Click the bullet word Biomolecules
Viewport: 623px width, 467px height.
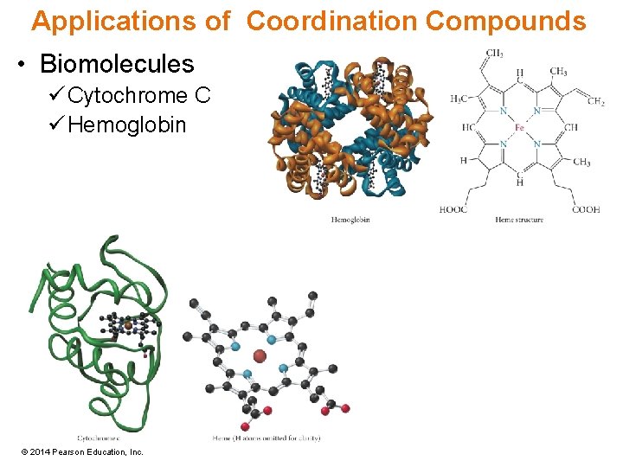pyautogui.click(x=117, y=63)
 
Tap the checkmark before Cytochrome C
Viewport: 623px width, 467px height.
pyautogui.click(x=57, y=95)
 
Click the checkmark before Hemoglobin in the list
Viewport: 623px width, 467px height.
pyautogui.click(x=57, y=125)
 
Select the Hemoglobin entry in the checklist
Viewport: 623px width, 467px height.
pyautogui.click(x=126, y=125)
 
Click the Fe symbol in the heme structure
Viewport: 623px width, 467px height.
pyautogui.click(x=519, y=128)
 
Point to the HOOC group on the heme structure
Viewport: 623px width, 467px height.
pyautogui.click(x=453, y=209)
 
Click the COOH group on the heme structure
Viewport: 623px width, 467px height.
pyautogui.click(x=585, y=209)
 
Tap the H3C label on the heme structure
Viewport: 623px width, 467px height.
pyautogui.click(x=459, y=99)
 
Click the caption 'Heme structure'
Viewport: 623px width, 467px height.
pyautogui.click(x=519, y=221)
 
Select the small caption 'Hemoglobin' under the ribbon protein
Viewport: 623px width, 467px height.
pyautogui.click(x=350, y=221)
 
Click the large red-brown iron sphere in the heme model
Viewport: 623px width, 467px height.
pyautogui.click(x=259, y=355)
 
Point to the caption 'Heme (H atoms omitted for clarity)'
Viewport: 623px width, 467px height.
pyautogui.click(x=267, y=438)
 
